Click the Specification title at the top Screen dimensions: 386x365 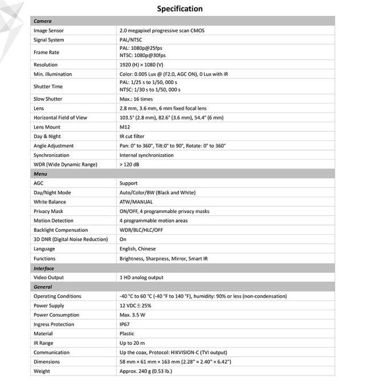click(x=180, y=9)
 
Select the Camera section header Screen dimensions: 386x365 click(x=43, y=21)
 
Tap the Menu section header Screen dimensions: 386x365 click(x=40, y=174)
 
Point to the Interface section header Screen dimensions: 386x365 click(x=44, y=268)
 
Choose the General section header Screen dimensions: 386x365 click(x=43, y=287)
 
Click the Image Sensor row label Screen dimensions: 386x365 click(x=48, y=30)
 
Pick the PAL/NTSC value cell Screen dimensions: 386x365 click(x=132, y=40)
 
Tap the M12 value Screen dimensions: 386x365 click(x=125, y=127)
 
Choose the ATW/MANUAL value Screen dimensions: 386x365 click(x=136, y=202)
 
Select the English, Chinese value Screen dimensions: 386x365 click(x=137, y=249)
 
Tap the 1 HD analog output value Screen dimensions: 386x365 click(x=141, y=278)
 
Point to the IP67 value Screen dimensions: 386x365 click(x=125, y=324)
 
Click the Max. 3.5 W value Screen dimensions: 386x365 click(x=132, y=315)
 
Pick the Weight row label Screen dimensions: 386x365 click(x=42, y=371)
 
